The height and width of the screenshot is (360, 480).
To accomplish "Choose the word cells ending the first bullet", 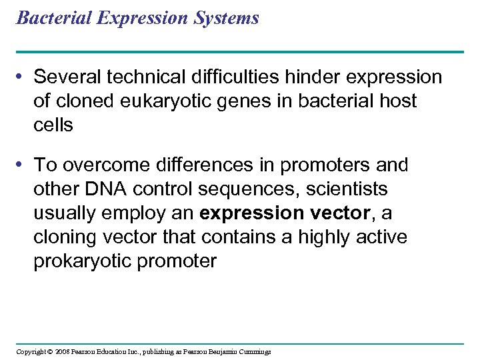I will pyautogui.click(x=53, y=125).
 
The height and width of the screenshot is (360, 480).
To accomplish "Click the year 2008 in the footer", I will pyautogui.click(x=61, y=351).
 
